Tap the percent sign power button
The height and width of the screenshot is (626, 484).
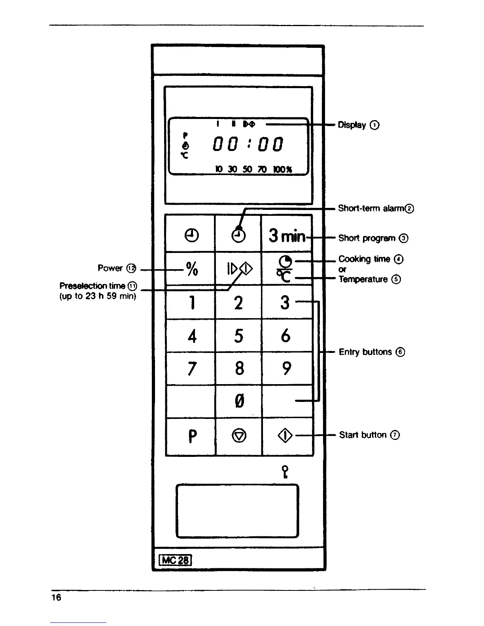point(192,269)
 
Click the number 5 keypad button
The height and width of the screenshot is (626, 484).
point(238,336)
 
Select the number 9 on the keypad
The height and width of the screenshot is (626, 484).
point(286,369)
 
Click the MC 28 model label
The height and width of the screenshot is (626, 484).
point(175,560)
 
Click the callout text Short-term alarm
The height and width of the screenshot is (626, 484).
point(375,208)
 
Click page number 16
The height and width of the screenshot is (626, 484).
point(56,597)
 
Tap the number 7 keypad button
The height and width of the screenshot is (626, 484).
point(192,369)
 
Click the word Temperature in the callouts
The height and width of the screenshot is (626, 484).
point(363,279)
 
